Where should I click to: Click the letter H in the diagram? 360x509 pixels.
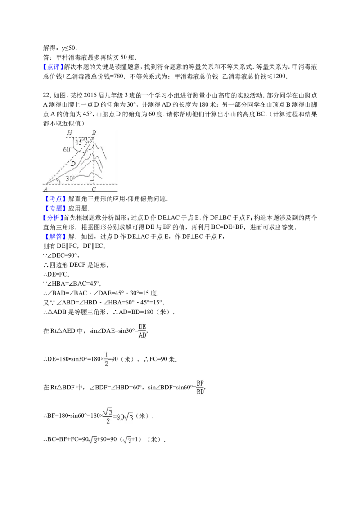(x=70, y=133)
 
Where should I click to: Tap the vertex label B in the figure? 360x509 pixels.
(x=94, y=133)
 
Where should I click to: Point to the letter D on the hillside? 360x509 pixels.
(x=73, y=164)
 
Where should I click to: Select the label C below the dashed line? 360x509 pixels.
(x=94, y=189)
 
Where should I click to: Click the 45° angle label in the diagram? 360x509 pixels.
(x=79, y=142)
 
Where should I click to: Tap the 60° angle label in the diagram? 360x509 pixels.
(x=67, y=150)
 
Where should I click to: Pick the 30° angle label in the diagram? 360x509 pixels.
(x=70, y=179)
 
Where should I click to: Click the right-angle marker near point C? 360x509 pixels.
(x=92, y=182)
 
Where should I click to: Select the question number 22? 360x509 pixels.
(x=47, y=95)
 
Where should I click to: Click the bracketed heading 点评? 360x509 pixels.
(x=53, y=67)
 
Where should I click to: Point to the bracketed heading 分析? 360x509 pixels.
(x=53, y=218)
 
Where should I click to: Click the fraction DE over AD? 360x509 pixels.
(x=142, y=331)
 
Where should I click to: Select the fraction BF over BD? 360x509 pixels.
(x=200, y=388)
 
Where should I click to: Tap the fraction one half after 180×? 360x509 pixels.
(x=107, y=359)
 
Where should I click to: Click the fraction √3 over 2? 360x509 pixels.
(x=108, y=416)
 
